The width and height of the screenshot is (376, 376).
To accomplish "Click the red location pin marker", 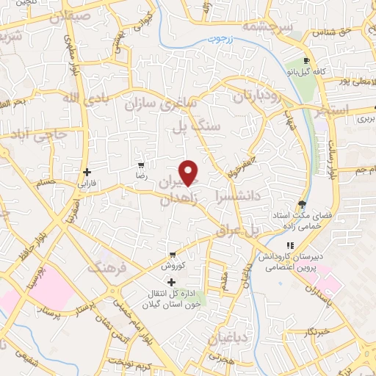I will pyautogui.click(x=189, y=173).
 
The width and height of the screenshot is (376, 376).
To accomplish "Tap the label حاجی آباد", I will pyautogui.click(x=46, y=133).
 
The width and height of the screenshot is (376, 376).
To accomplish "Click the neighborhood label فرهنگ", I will pyautogui.click(x=107, y=269).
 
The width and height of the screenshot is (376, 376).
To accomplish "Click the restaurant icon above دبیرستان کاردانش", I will pyautogui.click(x=290, y=245).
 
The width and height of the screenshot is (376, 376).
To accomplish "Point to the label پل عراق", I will pyautogui.click(x=239, y=231).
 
